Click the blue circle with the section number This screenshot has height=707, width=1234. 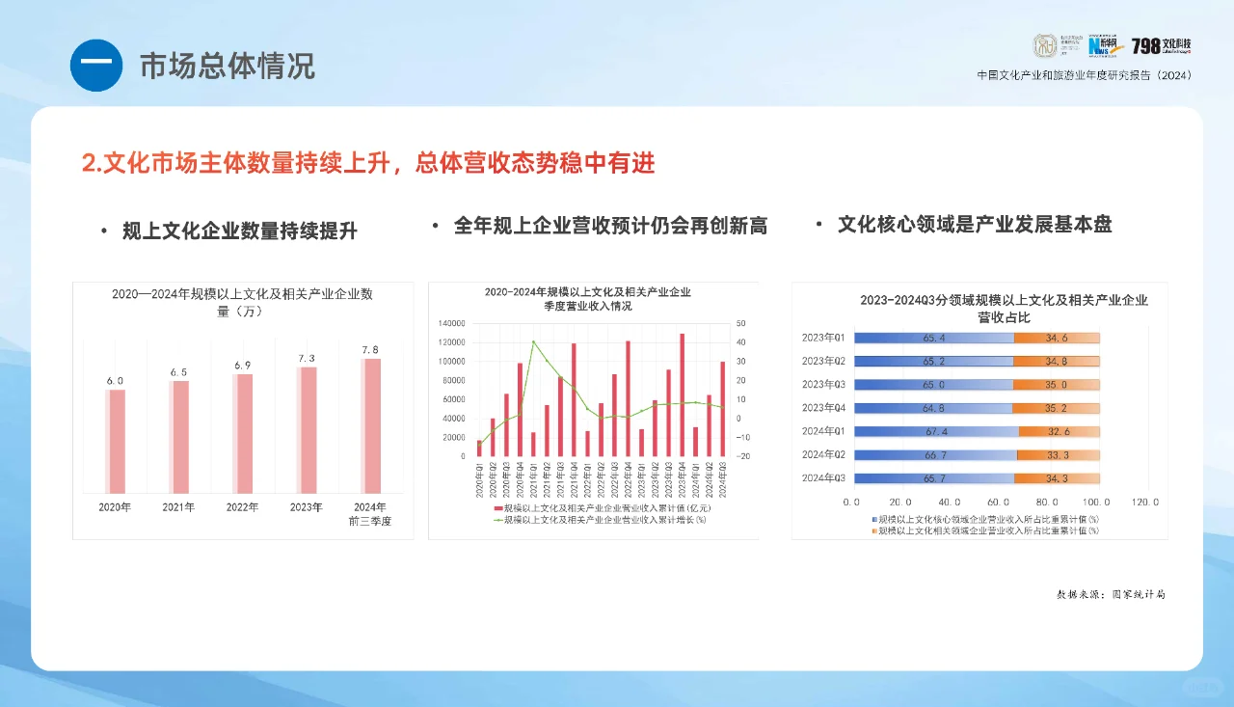[x=96, y=66]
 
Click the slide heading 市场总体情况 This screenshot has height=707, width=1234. [x=227, y=66]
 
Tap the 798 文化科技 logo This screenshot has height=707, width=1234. [x=1161, y=45]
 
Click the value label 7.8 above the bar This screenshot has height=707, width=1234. [x=369, y=350]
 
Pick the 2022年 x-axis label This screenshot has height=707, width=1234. [x=242, y=507]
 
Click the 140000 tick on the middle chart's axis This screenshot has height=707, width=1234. [x=450, y=323]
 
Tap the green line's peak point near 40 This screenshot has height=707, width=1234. [x=533, y=341]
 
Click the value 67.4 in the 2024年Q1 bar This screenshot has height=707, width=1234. [x=934, y=431]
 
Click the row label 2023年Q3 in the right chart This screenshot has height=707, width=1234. [x=822, y=385]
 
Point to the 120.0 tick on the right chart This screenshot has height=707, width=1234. [x=1144, y=502]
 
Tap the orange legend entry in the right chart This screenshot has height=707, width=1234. [x=985, y=530]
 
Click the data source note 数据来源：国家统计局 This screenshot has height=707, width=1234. [x=1111, y=594]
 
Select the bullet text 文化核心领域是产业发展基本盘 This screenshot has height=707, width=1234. [x=974, y=225]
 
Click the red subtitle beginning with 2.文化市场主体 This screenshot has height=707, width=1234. [x=368, y=163]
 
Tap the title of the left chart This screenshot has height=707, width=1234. [x=242, y=302]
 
